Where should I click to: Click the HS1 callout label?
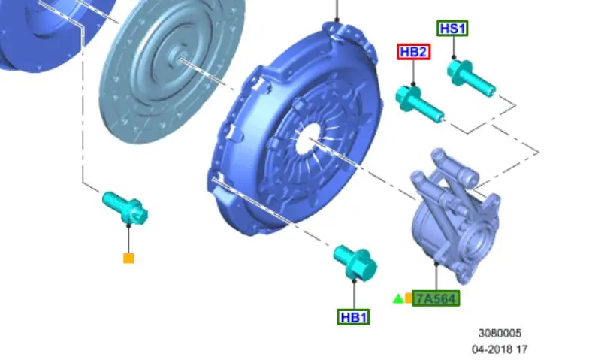point(452,29)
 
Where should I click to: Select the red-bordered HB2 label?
point(413,52)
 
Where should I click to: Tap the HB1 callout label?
point(353,317)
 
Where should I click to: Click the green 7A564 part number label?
point(436,298)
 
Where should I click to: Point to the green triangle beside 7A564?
point(398,299)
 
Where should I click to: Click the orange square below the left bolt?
point(128,259)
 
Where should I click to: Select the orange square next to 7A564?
point(409,298)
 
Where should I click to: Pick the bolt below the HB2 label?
point(419,104)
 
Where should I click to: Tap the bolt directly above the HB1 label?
point(355,262)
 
